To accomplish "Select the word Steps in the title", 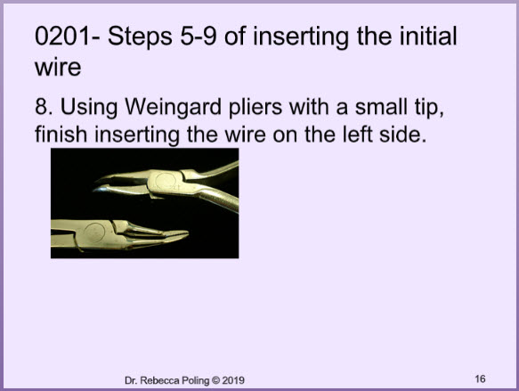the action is [x=140, y=37].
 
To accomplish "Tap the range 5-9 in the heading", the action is [x=199, y=36].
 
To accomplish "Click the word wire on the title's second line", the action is [x=58, y=67].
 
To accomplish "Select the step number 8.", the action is [x=43, y=107].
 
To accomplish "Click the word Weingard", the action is [x=173, y=108].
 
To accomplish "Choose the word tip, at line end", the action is [x=429, y=108].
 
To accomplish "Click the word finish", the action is [x=61, y=134].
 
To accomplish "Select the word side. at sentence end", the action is [x=402, y=134].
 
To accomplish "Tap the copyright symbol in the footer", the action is [x=215, y=380].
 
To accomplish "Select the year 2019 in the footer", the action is [x=233, y=380].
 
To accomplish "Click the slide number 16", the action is [x=480, y=379].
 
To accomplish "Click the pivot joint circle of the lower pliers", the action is [x=94, y=232].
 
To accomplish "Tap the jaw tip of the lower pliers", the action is [x=186, y=234].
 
